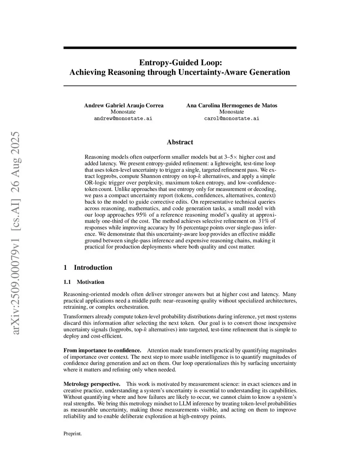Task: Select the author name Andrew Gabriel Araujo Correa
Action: click(123, 106)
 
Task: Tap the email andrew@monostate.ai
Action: click(123, 119)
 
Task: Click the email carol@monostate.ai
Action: click(232, 119)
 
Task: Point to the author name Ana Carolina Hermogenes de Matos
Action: click(232, 106)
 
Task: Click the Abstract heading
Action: click(180, 142)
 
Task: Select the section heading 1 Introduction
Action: click(88, 268)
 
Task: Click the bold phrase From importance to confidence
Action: click(102, 350)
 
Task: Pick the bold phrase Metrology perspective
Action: click(91, 384)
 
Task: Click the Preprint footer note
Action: click(72, 434)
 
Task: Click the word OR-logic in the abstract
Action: click(96, 183)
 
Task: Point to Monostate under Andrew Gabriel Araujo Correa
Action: click(123, 112)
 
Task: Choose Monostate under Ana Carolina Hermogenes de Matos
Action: click(232, 112)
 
